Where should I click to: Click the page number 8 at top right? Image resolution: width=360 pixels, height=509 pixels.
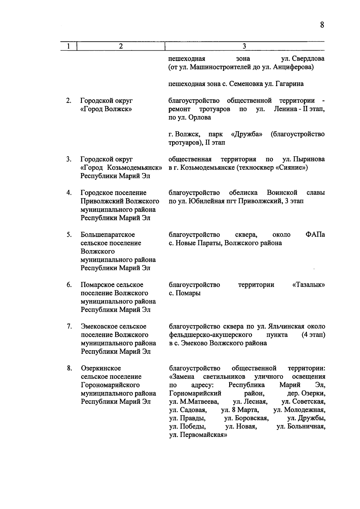click(x=322, y=25)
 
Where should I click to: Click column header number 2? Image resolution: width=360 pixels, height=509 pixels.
click(x=121, y=46)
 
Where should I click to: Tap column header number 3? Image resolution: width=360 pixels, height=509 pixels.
click(x=244, y=46)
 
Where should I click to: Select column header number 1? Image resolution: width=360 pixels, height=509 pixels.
click(x=69, y=46)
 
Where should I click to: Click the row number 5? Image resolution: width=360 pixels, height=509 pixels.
click(x=69, y=235)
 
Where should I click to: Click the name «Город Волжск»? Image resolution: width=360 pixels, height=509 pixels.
click(x=106, y=109)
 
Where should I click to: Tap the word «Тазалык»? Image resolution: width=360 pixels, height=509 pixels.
click(x=308, y=285)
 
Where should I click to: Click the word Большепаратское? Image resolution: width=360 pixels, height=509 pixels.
click(x=108, y=235)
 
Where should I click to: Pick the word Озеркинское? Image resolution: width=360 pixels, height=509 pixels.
click(x=101, y=368)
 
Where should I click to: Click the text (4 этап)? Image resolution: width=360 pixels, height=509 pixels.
click(x=313, y=335)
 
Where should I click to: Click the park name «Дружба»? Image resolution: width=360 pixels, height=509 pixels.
click(x=247, y=134)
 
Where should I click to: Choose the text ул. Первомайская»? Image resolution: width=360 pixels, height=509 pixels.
click(x=198, y=435)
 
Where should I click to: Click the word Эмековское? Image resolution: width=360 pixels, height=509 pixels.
click(x=114, y=326)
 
